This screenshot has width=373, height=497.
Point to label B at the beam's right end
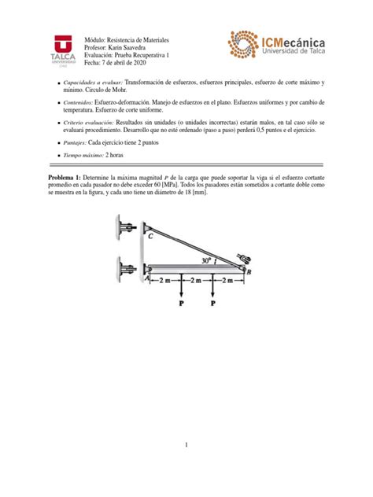[x=249, y=272]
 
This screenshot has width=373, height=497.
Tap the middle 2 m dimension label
[x=198, y=280]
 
